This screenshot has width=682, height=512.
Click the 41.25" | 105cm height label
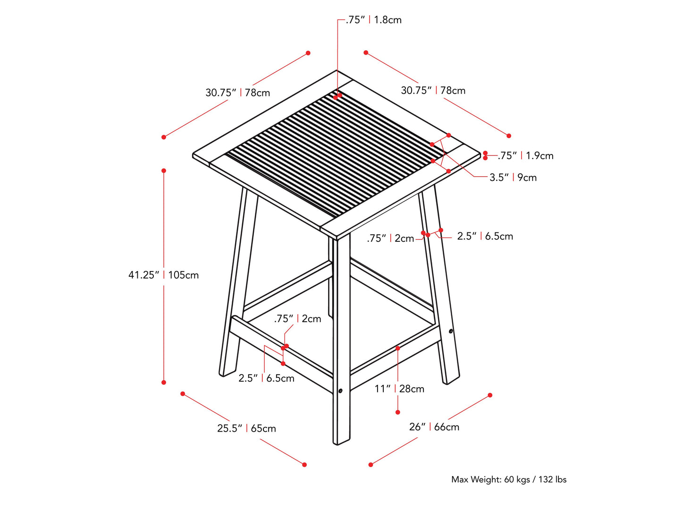click(x=163, y=275)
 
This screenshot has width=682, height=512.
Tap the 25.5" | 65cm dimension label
click(x=246, y=428)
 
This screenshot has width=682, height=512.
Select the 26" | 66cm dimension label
click(x=434, y=427)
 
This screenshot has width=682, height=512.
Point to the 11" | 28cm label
click(x=399, y=389)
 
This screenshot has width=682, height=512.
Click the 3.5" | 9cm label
click(x=513, y=178)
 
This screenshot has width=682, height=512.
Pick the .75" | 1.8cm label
click(x=373, y=20)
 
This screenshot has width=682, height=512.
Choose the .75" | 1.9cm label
click(x=525, y=155)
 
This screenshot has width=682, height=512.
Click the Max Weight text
click(x=509, y=479)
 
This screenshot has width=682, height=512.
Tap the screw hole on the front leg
click(x=340, y=391)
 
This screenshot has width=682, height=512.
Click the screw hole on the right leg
click(x=451, y=331)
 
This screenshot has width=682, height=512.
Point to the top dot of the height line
click(x=164, y=171)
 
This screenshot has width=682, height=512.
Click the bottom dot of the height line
click(x=164, y=382)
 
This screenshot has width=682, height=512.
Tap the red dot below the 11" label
click(x=398, y=412)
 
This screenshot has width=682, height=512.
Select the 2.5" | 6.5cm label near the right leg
click(x=485, y=236)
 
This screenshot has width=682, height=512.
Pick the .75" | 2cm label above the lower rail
click(x=297, y=319)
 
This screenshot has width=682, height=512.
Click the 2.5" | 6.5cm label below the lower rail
click(x=266, y=378)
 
